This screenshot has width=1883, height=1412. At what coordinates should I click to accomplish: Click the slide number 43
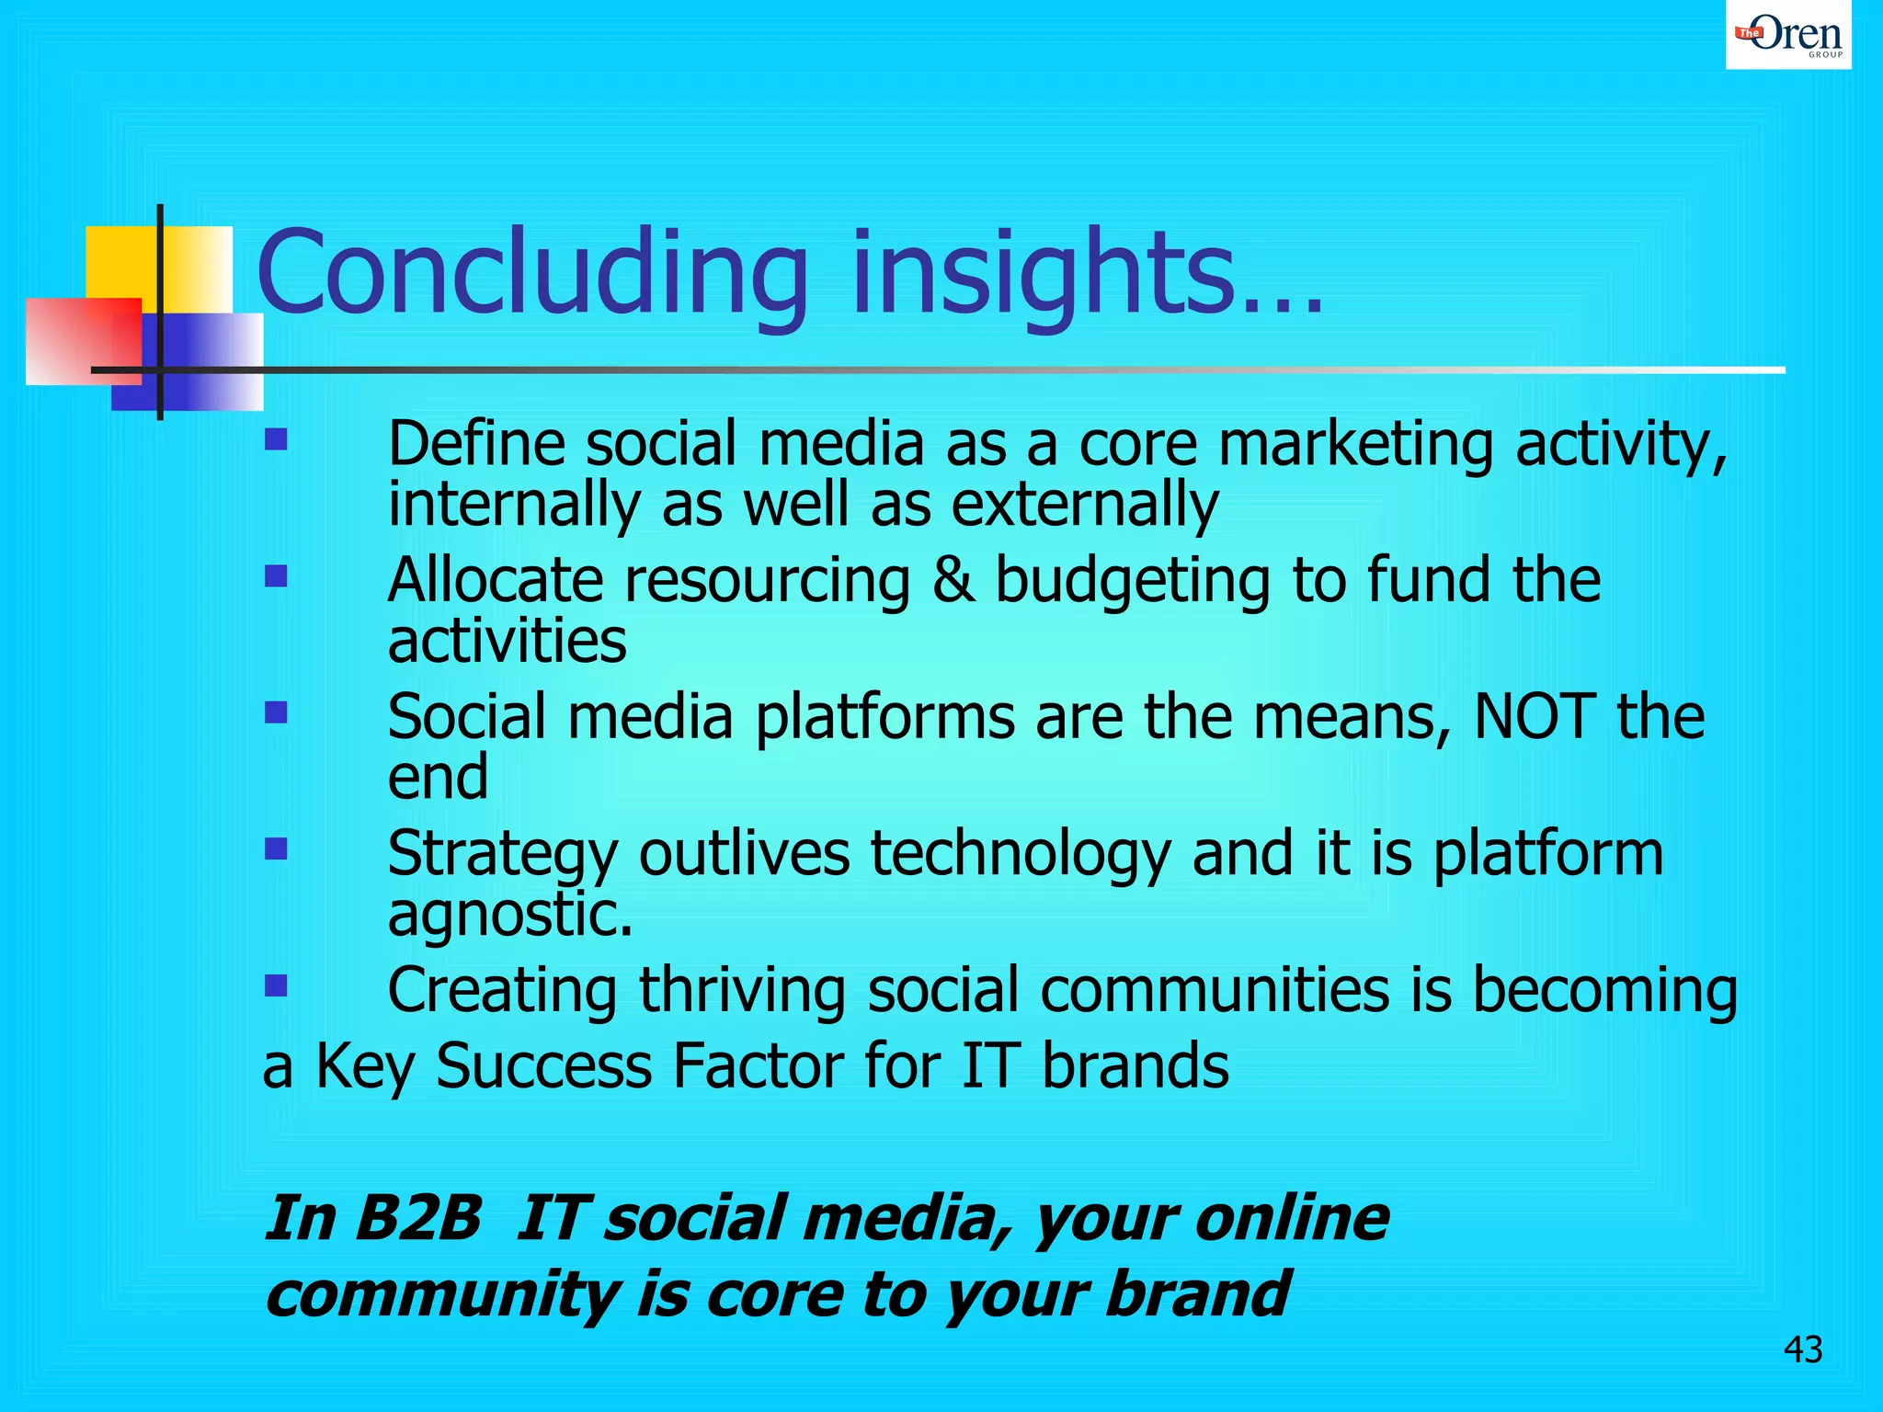click(1802, 1349)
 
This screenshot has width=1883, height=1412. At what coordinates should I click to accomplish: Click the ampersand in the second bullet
click(953, 581)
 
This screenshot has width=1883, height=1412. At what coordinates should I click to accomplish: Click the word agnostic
click(509, 916)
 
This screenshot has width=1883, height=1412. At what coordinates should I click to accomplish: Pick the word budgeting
click(1133, 583)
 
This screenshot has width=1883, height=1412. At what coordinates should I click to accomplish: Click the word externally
click(1084, 506)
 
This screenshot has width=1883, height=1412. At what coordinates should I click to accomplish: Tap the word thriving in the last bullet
click(741, 991)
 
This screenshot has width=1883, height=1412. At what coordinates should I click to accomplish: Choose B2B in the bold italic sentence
click(419, 1218)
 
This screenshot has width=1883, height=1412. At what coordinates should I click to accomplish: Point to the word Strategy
click(502, 855)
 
